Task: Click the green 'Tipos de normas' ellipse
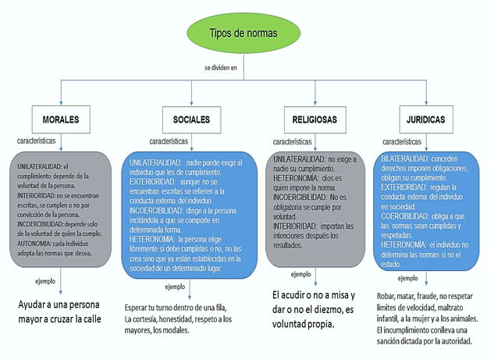[243, 33]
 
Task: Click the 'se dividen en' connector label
[220, 68]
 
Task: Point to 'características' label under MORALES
[37, 141]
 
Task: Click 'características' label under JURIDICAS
[402, 141]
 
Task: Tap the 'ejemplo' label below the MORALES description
[46, 280]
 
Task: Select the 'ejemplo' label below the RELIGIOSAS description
[300, 274]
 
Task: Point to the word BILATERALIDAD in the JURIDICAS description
[405, 159]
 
